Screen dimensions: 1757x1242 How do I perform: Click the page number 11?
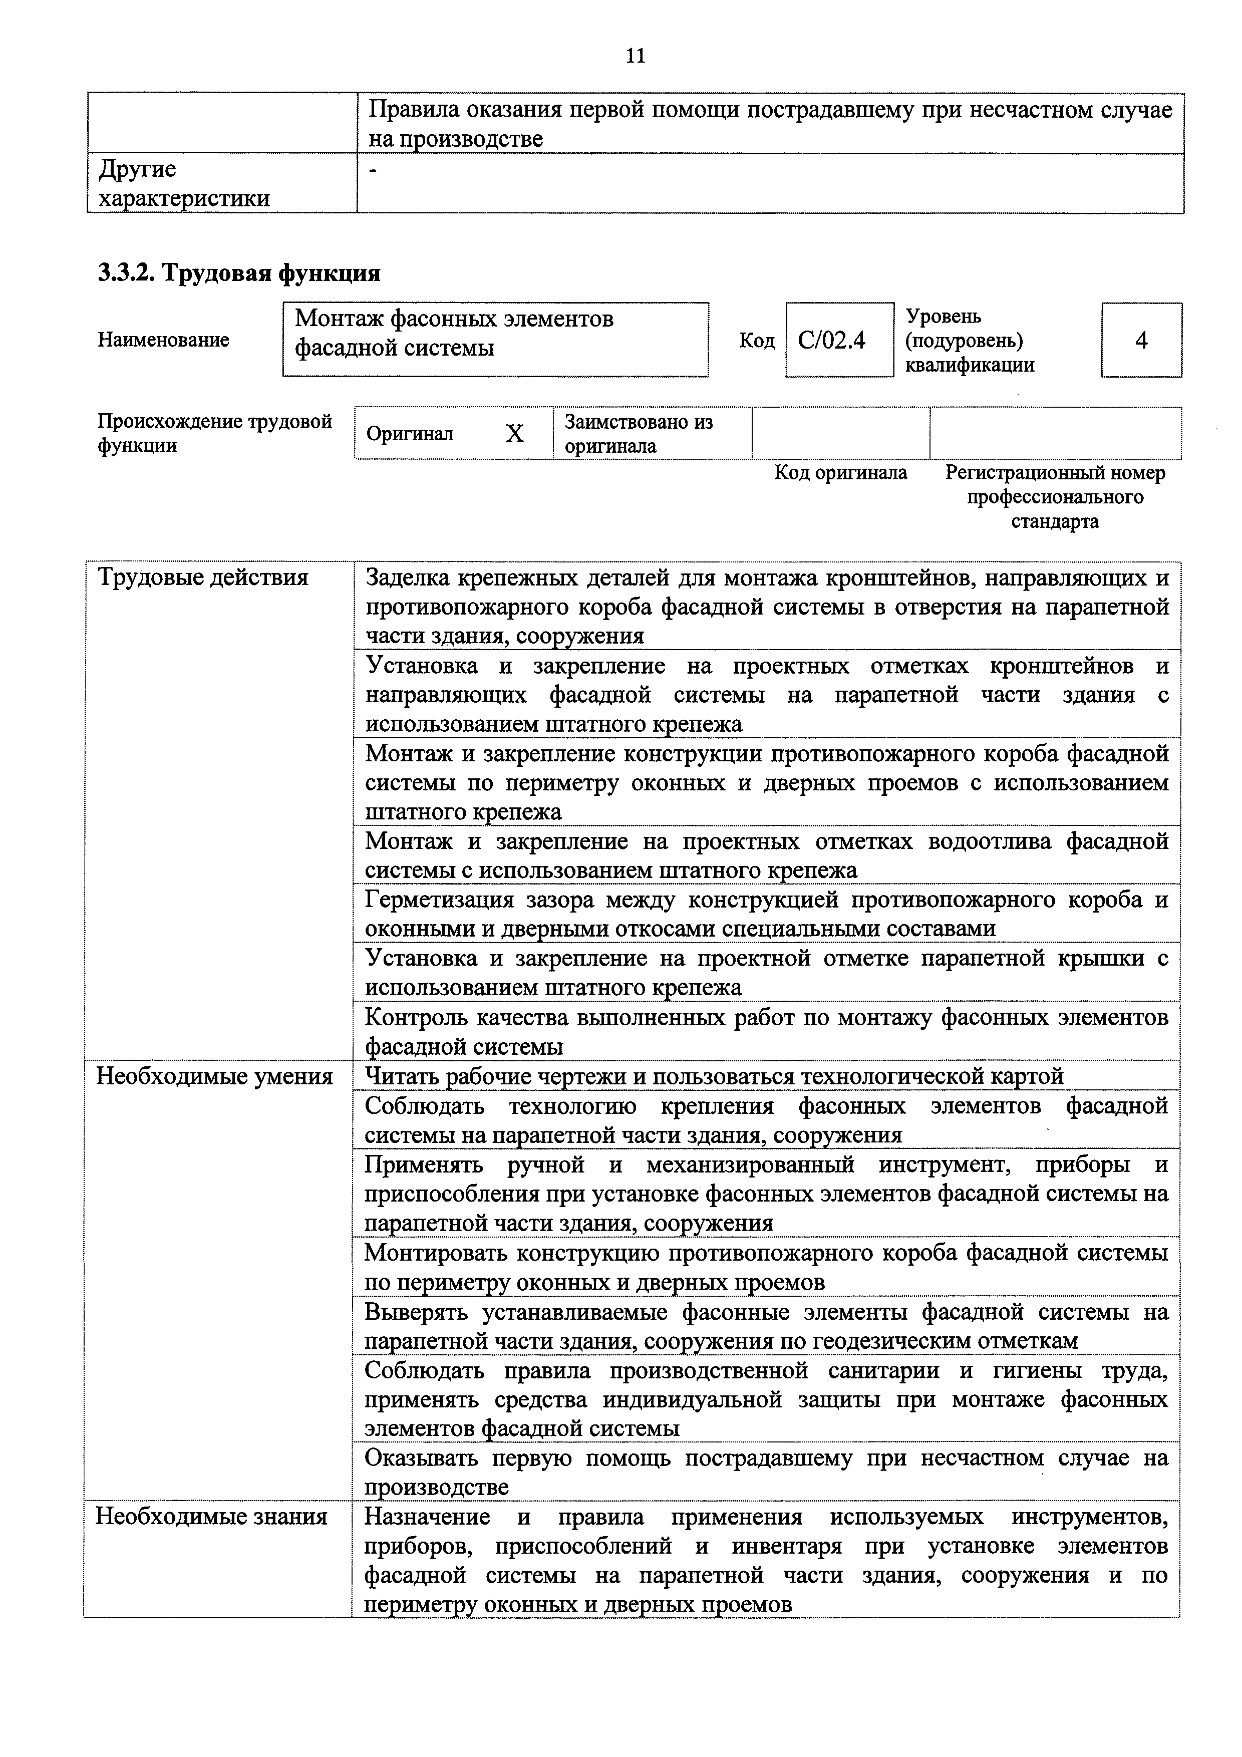[x=635, y=56]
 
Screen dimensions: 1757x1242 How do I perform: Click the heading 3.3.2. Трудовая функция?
[x=239, y=273]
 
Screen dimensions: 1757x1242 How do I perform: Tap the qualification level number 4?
[x=1141, y=340]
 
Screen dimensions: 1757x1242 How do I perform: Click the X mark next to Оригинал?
[x=515, y=434]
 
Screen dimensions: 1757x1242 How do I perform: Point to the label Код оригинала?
[x=840, y=473]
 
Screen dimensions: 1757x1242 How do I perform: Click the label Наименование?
[x=163, y=340]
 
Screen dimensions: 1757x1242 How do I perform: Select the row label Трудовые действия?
[x=203, y=577]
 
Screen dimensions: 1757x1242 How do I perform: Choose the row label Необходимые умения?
[x=214, y=1077]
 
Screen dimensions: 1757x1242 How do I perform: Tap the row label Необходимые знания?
[x=211, y=1517]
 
